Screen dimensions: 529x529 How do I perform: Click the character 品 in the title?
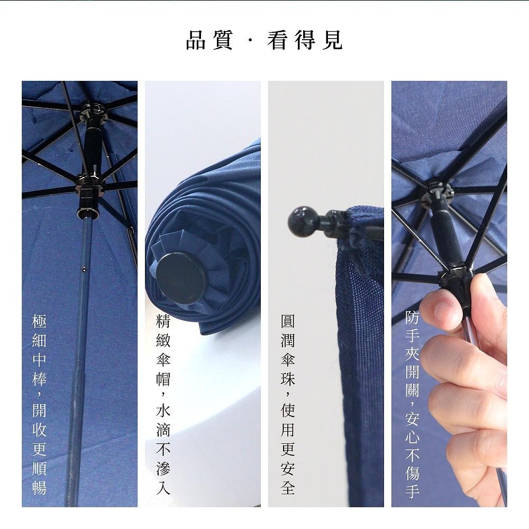(x=196, y=40)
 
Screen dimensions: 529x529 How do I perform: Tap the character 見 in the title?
(x=332, y=40)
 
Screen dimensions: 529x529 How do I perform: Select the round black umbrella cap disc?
(x=181, y=278)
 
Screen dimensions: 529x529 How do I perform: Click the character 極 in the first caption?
(x=40, y=321)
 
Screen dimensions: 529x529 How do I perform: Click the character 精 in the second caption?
(x=163, y=321)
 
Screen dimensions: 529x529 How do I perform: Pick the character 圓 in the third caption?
(x=288, y=321)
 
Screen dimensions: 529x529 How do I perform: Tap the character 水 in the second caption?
(x=163, y=411)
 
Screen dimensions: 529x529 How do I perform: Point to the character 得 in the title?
(x=305, y=40)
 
